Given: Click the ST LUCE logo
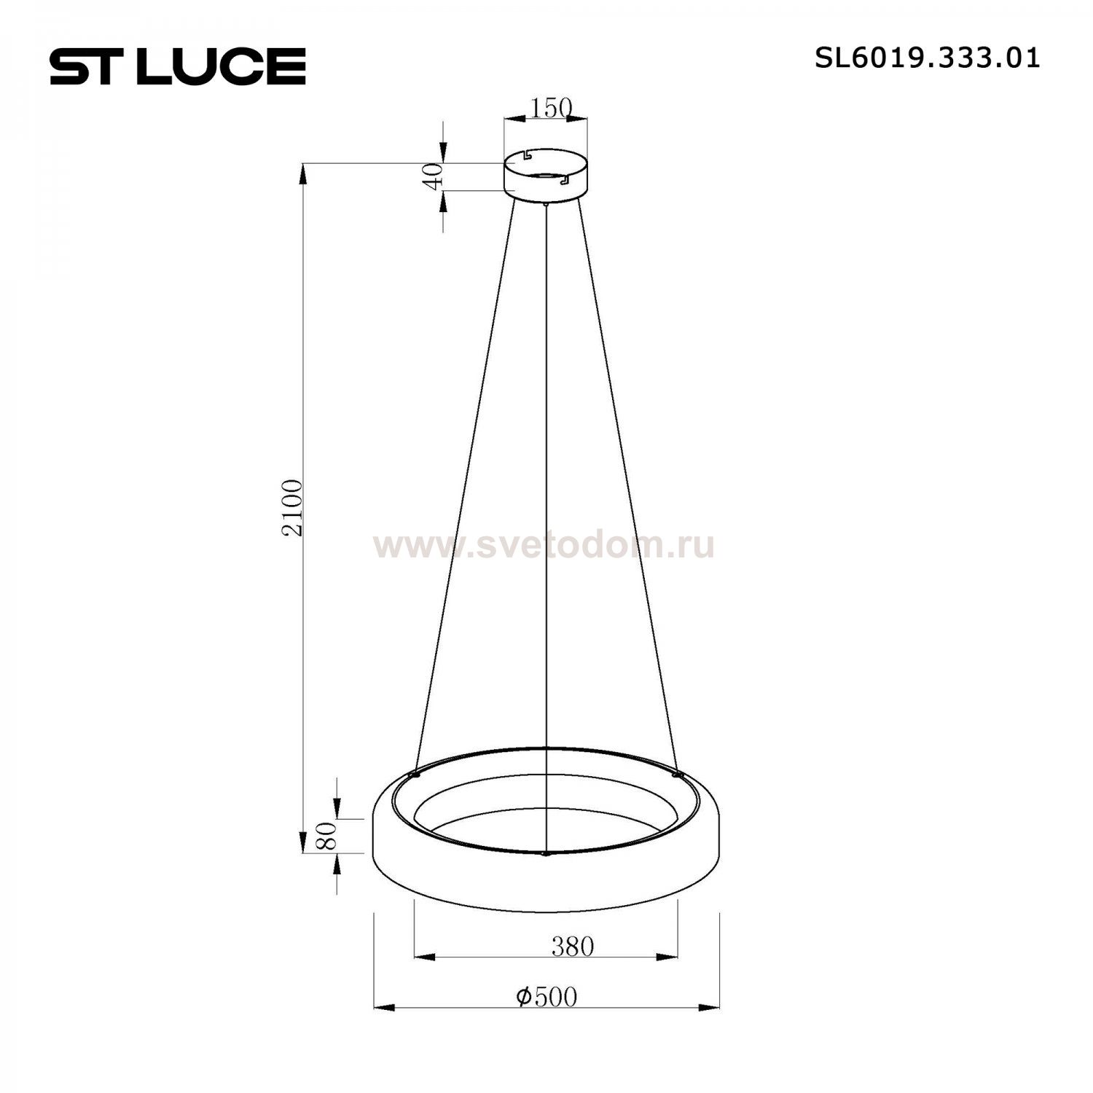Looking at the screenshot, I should [x=177, y=66].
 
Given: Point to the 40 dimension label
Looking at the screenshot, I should [x=434, y=176].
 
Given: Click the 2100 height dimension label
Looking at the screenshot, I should [x=292, y=508].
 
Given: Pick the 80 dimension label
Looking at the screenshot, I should [x=327, y=836].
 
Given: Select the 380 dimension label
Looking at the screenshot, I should [x=572, y=947].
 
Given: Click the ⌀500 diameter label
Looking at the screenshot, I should [x=546, y=997].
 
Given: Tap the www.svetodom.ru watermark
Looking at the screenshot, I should [x=544, y=545].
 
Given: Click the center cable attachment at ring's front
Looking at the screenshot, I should [x=546, y=853].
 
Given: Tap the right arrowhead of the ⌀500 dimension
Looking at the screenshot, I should [x=711, y=1008].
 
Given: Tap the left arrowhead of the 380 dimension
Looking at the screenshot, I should [x=423, y=957].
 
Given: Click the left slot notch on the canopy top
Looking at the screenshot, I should [x=528, y=155].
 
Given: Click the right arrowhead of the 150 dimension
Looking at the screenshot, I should [x=580, y=117].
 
